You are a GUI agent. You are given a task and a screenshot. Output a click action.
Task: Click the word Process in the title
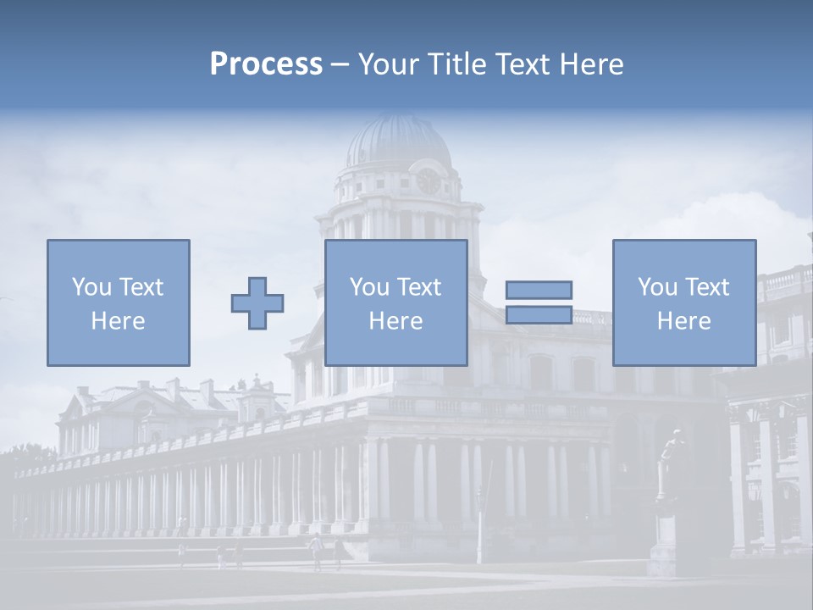point(266,64)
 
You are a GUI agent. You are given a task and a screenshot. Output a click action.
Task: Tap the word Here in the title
point(590,64)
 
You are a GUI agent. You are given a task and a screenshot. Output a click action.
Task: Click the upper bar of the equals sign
point(539,290)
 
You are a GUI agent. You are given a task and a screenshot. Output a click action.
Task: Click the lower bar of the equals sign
point(539,315)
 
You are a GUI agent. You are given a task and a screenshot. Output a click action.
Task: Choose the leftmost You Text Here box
point(118,302)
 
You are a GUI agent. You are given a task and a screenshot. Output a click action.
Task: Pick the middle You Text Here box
point(395,302)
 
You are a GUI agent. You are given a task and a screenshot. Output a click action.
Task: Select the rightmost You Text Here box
point(683,302)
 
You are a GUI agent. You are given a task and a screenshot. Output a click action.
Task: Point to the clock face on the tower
point(429,180)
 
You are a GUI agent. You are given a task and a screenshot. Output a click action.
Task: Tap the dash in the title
point(340,64)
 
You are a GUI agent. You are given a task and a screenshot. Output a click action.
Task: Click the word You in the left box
point(90,287)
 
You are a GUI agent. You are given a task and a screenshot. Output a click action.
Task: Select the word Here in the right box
point(683,321)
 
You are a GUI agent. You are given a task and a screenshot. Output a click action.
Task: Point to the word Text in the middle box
point(418,287)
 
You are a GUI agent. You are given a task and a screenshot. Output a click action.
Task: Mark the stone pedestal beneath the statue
point(665,542)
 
